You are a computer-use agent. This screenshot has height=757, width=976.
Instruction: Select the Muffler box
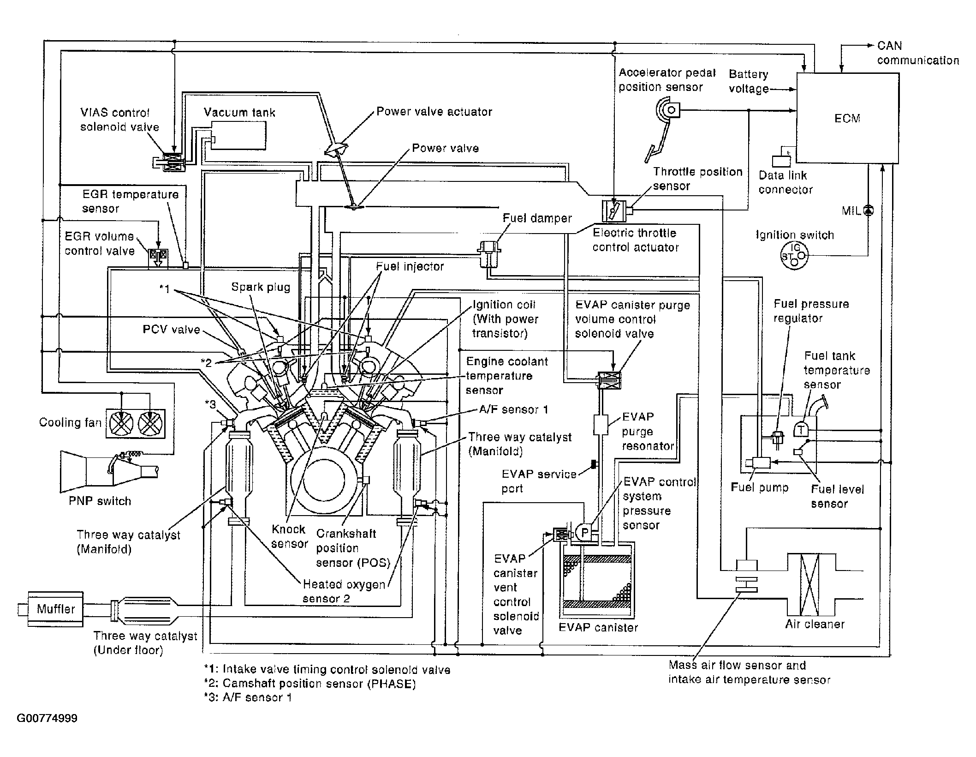pyautogui.click(x=56, y=609)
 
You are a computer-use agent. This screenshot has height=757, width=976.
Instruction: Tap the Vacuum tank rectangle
pyautogui.click(x=238, y=135)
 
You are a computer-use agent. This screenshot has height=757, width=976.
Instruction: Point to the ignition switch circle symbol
pyautogui.click(x=794, y=256)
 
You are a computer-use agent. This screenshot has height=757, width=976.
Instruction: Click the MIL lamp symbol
pyautogui.click(x=869, y=210)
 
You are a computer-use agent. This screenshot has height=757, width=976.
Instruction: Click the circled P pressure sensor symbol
pyautogui.click(x=584, y=532)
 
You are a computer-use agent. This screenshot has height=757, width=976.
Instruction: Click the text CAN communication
pyautogui.click(x=918, y=53)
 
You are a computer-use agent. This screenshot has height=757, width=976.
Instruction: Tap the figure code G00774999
pyautogui.click(x=47, y=719)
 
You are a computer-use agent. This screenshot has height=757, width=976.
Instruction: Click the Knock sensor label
pyautogui.click(x=289, y=536)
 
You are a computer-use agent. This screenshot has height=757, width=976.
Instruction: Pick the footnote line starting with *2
pyautogui.click(x=310, y=684)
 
